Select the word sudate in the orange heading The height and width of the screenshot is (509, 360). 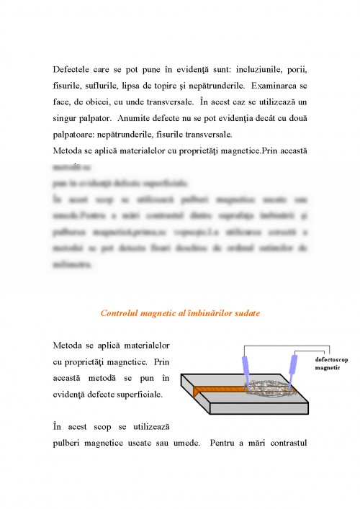(x=246, y=313)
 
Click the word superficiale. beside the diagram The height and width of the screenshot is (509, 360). (x=133, y=394)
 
